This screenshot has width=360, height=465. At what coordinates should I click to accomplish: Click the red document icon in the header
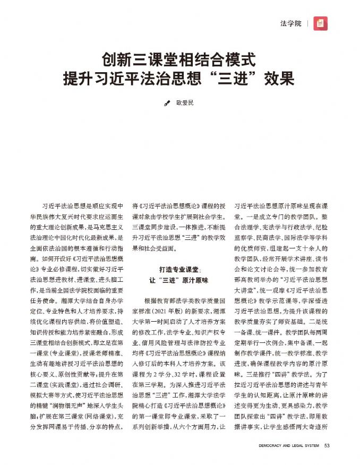point(320,23)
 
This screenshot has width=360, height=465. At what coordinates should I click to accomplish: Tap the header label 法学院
point(290,23)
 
